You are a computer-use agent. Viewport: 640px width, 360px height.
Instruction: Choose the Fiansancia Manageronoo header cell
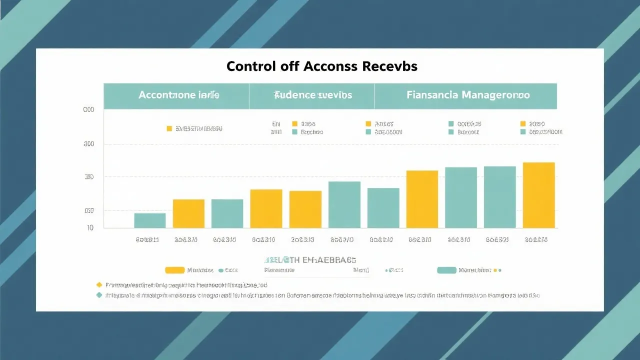(468, 95)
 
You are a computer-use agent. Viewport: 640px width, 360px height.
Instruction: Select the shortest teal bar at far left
(149, 220)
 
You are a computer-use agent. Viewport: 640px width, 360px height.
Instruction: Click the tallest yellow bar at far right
(538, 195)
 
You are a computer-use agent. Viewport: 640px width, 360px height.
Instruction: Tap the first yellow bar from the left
(188, 213)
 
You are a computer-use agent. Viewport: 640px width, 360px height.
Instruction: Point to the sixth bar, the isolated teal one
(344, 204)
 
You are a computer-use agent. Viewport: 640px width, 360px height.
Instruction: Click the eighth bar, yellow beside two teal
(422, 199)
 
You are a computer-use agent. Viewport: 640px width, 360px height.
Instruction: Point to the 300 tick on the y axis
(88, 144)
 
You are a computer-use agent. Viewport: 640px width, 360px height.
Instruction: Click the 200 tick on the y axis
(88, 177)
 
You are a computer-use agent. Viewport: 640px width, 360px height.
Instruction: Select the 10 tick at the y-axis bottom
(90, 227)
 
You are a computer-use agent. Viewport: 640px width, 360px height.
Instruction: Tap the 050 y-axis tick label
(88, 211)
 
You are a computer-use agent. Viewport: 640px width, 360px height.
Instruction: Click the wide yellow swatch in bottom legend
(174, 270)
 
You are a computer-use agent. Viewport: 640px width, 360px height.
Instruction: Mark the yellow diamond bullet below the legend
(99, 284)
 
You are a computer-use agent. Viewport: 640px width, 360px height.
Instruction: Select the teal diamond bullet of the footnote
(99, 295)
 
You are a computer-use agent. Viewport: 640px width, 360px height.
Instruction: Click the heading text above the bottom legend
(310, 260)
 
